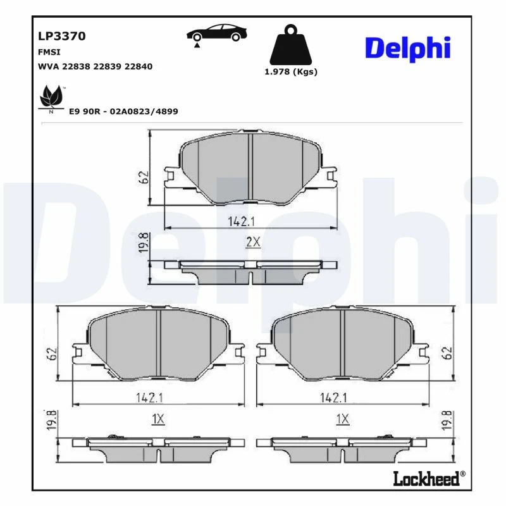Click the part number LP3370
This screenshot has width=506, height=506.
tap(62, 36)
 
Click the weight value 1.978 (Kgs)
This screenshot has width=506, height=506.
tap(290, 71)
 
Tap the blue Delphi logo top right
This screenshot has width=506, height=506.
tap(407, 47)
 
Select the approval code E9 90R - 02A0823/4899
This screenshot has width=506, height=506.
tap(123, 111)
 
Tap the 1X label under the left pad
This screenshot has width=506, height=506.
tap(158, 419)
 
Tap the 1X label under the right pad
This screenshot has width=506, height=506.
tap(342, 419)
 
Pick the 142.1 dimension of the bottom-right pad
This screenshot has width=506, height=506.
tap(333, 397)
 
